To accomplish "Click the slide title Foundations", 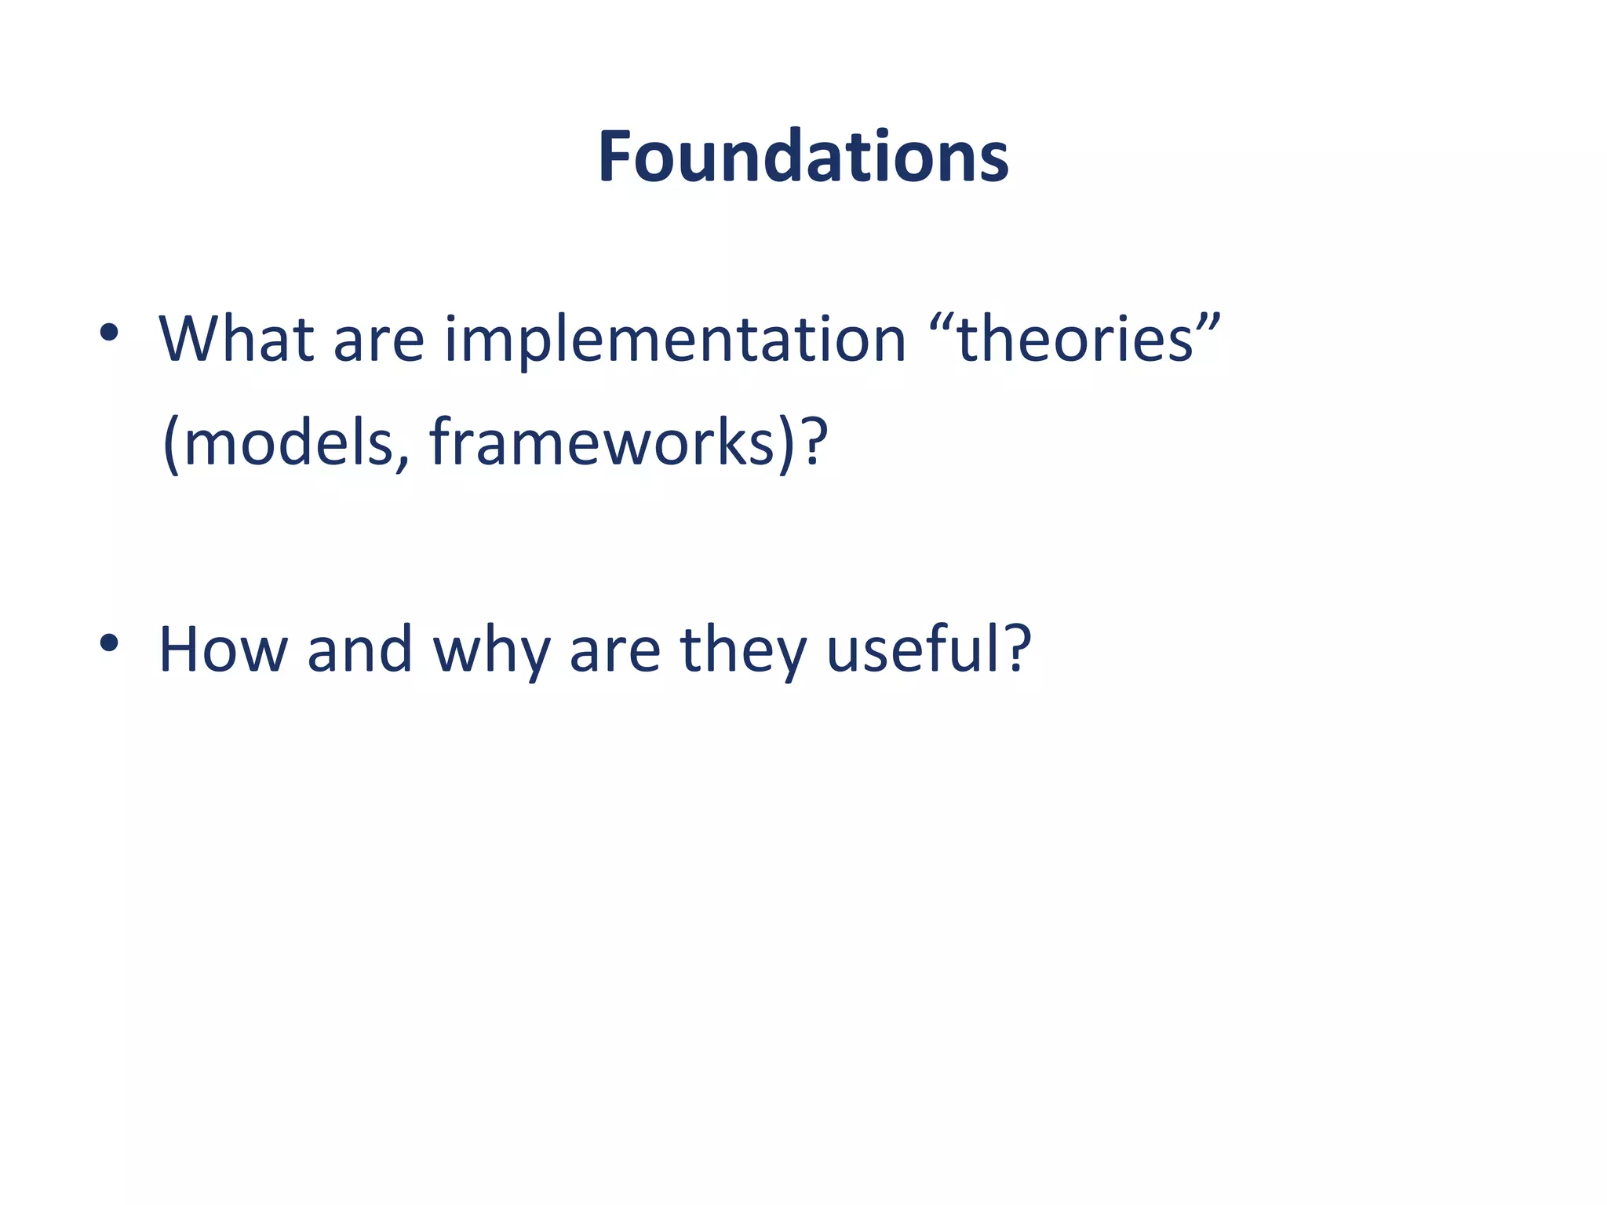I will tap(803, 157).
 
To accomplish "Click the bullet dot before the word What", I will tap(109, 333).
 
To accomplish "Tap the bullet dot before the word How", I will tap(109, 643).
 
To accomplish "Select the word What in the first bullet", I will tap(236, 339).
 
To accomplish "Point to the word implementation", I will tap(675, 341).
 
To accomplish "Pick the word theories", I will tap(1075, 339).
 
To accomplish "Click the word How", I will tap(223, 650).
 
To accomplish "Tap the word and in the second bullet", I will tap(359, 650).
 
